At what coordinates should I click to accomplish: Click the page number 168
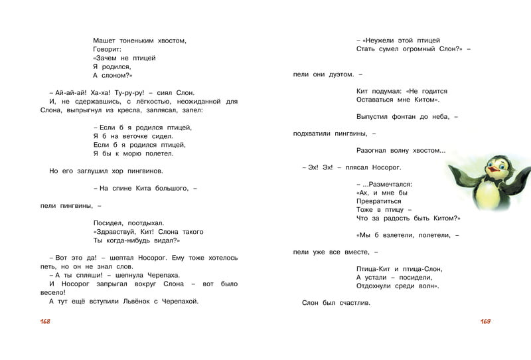tap(45, 321)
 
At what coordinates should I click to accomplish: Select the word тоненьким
tap(141, 41)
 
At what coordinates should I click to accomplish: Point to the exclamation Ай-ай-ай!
tap(72, 92)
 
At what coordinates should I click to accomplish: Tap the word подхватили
tap(313, 134)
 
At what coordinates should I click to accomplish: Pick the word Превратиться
tap(379, 201)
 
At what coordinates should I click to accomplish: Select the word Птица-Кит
tap(376, 268)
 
